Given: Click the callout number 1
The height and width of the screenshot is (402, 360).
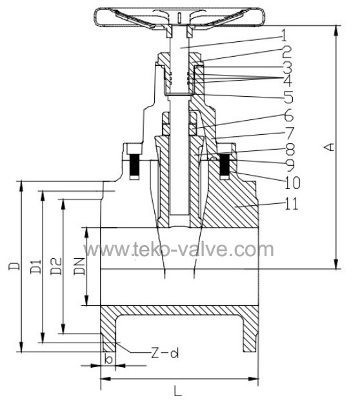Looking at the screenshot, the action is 283,35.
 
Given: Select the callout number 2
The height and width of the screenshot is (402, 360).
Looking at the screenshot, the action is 286,52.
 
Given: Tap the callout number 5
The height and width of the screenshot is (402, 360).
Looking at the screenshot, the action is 288,97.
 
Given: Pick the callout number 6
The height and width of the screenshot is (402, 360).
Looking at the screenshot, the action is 289,116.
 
